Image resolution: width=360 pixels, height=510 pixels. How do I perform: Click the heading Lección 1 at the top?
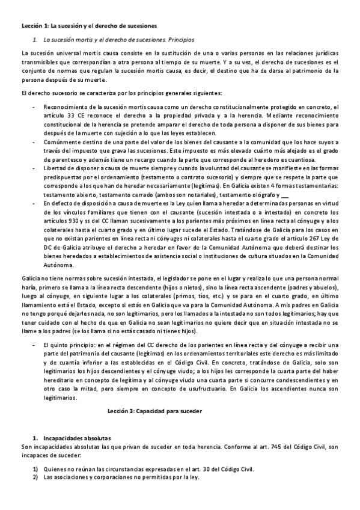coord(88,26)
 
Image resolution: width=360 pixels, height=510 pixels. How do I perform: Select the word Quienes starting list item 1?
coord(56,469)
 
